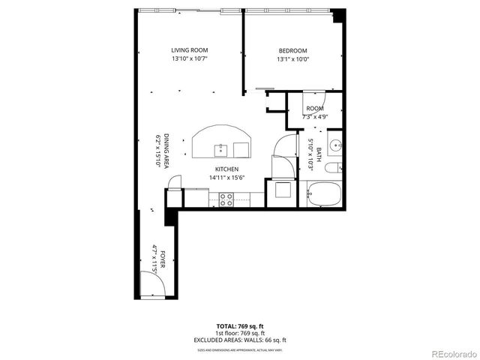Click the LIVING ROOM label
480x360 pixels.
(x=189, y=50)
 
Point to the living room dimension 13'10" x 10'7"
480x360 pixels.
(x=189, y=58)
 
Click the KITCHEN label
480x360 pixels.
(x=226, y=169)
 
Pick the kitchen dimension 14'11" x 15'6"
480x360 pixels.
(x=226, y=178)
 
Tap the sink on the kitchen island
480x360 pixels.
(x=222, y=147)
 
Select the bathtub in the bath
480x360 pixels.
(x=324, y=193)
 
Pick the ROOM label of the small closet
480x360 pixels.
(x=314, y=109)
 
